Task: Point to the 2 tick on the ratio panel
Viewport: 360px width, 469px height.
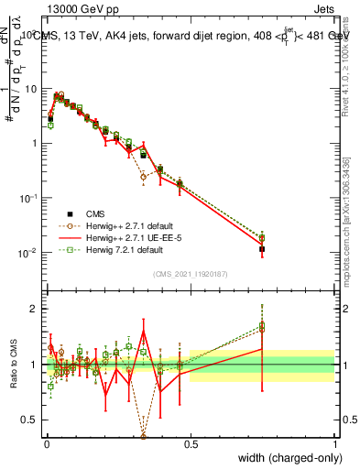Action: coord(34,309)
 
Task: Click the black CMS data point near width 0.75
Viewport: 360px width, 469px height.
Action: coord(263,249)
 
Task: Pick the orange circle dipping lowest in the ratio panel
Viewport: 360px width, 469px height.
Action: coord(143,436)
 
